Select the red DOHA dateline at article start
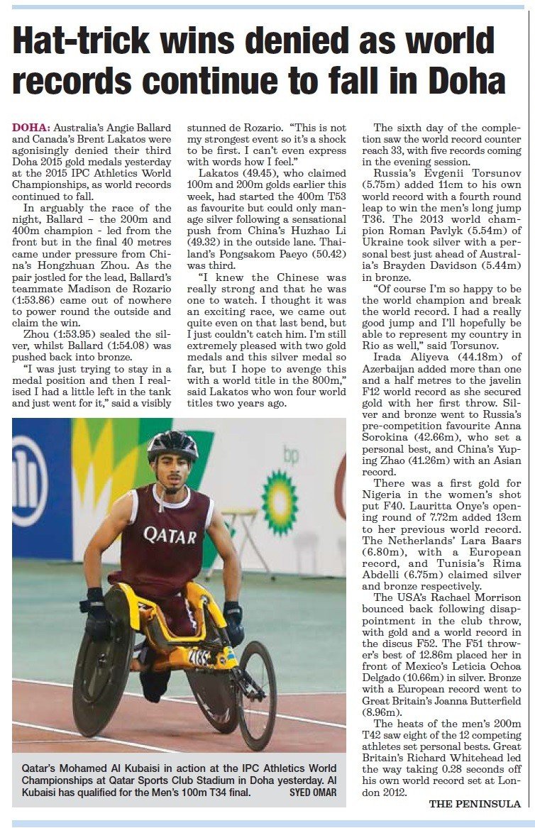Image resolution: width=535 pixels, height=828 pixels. click(x=31, y=128)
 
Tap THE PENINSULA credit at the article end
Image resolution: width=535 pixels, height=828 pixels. click(x=475, y=804)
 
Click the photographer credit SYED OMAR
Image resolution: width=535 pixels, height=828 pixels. click(x=313, y=793)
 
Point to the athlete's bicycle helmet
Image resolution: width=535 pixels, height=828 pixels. click(x=172, y=446)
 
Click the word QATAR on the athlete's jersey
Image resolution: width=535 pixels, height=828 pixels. click(x=170, y=534)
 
